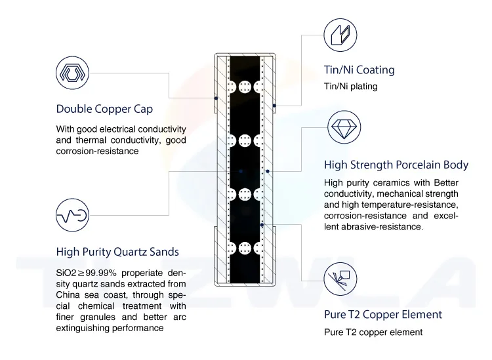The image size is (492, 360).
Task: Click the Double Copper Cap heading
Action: tap(104, 109)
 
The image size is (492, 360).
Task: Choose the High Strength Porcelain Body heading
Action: tap(396, 165)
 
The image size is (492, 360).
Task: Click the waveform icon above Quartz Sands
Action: tap(72, 214)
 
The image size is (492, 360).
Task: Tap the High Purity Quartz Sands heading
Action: tap(117, 251)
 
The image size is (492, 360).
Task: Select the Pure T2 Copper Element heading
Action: tap(383, 314)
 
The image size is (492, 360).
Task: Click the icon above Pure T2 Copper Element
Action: tap(340, 277)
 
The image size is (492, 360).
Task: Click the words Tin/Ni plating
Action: tap(351, 87)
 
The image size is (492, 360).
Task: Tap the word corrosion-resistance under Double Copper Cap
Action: tap(97, 151)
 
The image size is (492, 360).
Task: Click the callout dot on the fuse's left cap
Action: tap(216, 100)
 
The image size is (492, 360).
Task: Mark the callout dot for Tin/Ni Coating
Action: tap(274, 105)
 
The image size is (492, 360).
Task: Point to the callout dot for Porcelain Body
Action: tap(268, 170)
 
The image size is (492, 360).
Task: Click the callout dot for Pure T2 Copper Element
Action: tap(262, 224)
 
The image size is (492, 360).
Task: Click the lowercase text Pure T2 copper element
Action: tap(373, 332)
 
